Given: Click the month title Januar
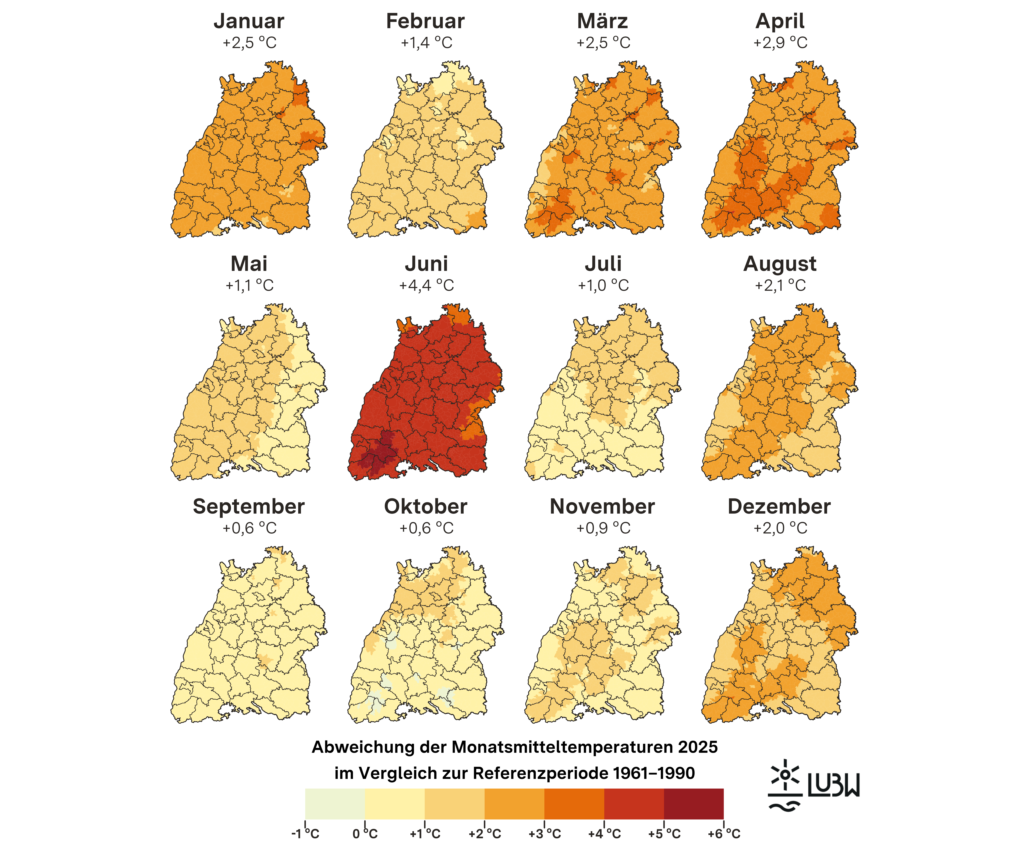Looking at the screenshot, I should [x=249, y=21].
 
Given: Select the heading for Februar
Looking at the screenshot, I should [x=425, y=21].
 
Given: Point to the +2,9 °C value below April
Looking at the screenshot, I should [x=780, y=43].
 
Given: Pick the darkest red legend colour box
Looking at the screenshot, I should [x=693, y=804].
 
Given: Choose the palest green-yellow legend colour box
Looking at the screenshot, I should [x=335, y=804].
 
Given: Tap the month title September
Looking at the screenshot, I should [x=249, y=507].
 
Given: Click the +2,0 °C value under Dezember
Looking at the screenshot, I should [x=780, y=528].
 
